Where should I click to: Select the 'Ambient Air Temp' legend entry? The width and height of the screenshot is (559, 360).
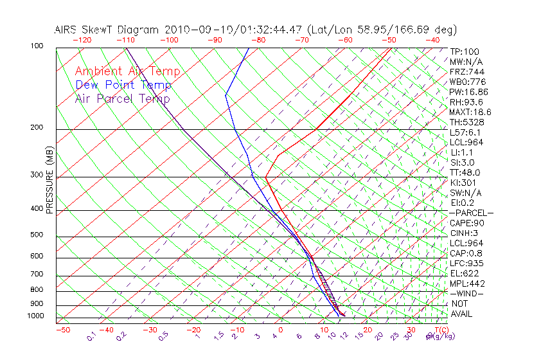[x=127, y=71]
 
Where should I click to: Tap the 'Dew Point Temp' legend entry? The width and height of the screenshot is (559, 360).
[x=123, y=85]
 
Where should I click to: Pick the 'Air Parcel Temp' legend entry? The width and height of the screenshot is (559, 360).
[x=122, y=98]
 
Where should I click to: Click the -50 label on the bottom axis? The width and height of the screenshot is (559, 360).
[x=62, y=330]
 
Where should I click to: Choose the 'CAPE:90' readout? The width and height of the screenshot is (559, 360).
[x=466, y=223]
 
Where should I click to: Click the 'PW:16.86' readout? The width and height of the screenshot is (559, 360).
[x=468, y=92]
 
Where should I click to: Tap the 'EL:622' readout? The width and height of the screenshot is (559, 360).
[x=464, y=273]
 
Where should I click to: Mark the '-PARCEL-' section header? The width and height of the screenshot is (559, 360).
[x=471, y=213]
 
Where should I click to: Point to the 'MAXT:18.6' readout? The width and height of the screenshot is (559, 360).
[x=471, y=112]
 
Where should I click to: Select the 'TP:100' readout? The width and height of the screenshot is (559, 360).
[x=465, y=51]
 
